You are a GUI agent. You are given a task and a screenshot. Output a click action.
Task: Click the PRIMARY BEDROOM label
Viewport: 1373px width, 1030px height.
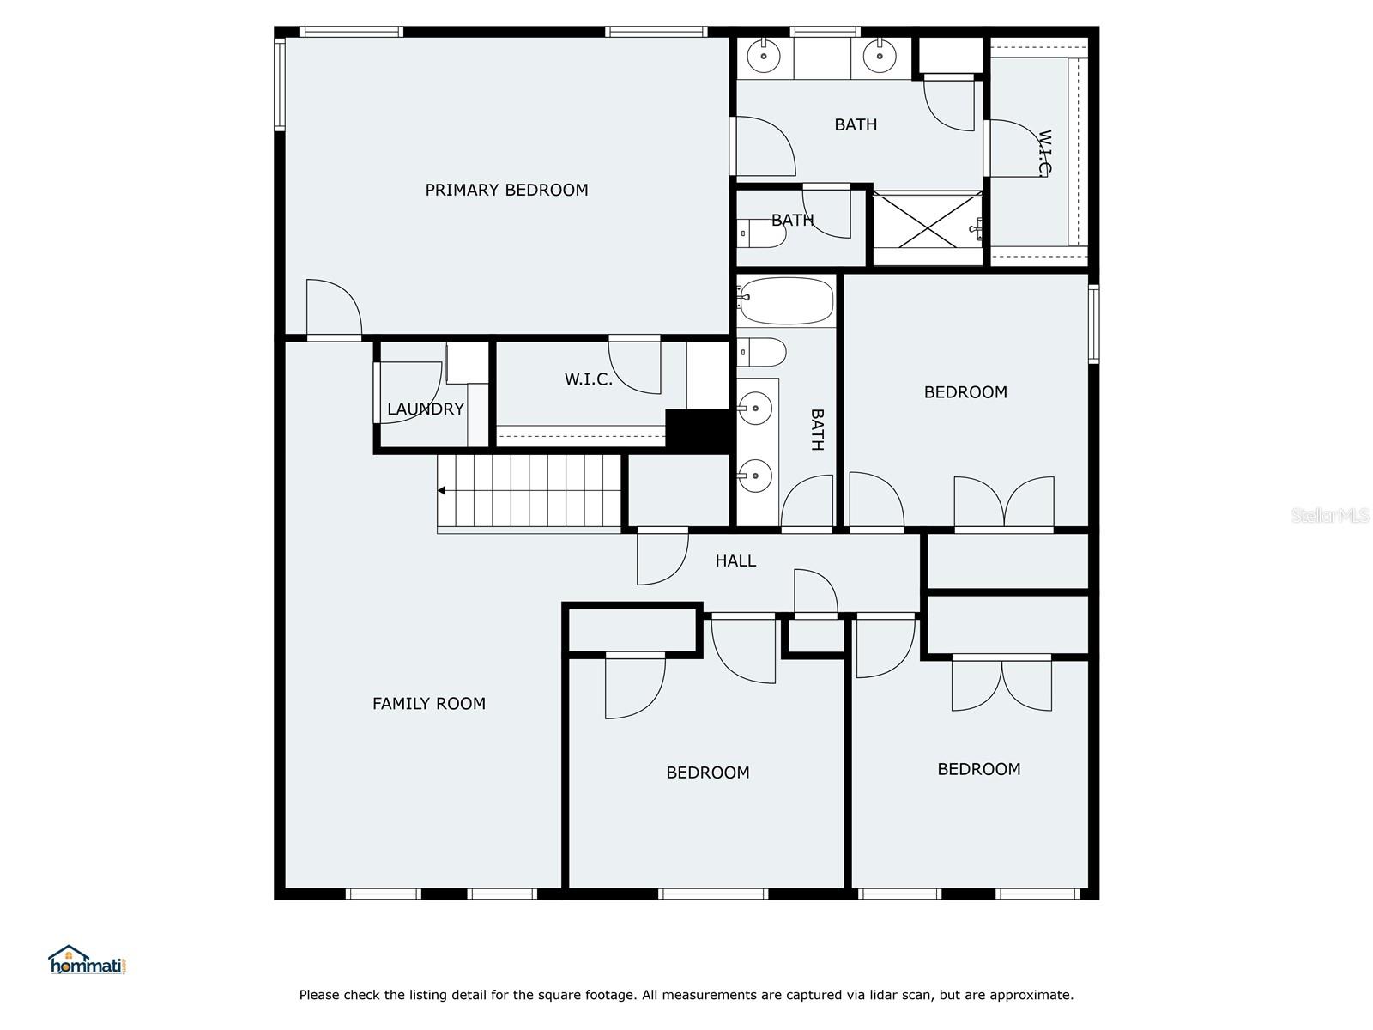[x=506, y=190]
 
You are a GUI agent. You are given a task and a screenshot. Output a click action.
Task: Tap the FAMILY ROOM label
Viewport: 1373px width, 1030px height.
[x=429, y=704]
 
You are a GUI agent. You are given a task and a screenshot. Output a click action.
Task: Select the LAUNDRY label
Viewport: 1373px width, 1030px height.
[x=426, y=409]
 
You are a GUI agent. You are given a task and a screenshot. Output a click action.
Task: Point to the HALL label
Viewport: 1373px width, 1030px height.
[x=735, y=560]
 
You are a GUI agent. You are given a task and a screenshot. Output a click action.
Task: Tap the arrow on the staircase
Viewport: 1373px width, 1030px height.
[x=442, y=491]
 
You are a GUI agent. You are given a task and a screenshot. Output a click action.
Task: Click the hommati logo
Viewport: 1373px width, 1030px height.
[x=88, y=960]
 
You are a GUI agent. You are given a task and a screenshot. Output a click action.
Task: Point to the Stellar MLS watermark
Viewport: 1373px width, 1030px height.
[x=1329, y=515]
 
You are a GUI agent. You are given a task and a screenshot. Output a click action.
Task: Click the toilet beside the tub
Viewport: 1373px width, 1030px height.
[x=761, y=353]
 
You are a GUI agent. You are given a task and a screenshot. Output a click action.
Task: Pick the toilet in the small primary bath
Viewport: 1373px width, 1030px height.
[x=761, y=233]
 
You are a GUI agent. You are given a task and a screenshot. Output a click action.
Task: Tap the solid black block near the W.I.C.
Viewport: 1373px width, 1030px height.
[x=698, y=430]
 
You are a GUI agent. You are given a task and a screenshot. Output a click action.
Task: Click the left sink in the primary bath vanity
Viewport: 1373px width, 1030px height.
[x=764, y=56]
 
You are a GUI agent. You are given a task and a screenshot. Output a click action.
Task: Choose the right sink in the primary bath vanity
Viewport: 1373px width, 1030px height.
[x=880, y=56]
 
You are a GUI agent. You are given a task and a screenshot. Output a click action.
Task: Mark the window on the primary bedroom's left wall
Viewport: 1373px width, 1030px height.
[x=280, y=84]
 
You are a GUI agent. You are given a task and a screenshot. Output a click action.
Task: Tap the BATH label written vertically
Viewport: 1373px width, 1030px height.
[x=818, y=430]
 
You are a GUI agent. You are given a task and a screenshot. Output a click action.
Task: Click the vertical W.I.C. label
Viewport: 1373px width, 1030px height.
[x=1044, y=154]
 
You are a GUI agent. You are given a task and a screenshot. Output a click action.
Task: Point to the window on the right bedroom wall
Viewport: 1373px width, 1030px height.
[x=1093, y=324]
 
